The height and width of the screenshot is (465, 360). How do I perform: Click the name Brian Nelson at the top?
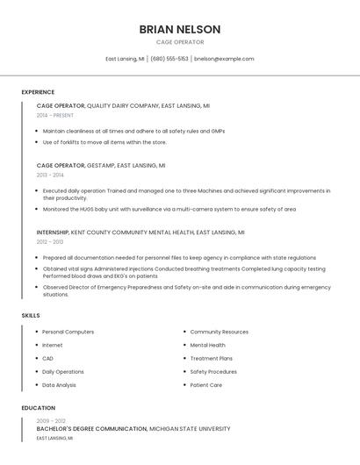point(180,29)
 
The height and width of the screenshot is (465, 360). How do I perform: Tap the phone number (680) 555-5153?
point(169,59)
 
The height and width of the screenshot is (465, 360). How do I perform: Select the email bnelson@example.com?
point(224,59)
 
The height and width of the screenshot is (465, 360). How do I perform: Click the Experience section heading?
point(38,92)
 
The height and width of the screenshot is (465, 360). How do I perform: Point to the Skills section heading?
point(31,315)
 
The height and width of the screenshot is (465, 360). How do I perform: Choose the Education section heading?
point(38,408)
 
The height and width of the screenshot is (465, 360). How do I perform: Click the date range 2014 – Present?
point(55,115)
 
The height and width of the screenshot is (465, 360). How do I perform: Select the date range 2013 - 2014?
point(50,175)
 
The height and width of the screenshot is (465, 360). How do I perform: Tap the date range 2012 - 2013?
point(50,241)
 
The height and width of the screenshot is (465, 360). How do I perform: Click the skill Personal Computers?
point(68,332)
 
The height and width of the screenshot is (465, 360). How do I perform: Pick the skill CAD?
point(47,358)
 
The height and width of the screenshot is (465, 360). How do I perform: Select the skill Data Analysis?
point(59,384)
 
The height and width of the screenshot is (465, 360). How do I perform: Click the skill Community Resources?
point(220,332)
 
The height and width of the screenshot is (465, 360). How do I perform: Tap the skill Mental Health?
point(207,345)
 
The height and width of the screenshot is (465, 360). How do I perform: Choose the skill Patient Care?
point(206,384)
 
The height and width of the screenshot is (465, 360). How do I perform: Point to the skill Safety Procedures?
point(213,371)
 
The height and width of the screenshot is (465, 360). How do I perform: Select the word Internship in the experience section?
point(52,232)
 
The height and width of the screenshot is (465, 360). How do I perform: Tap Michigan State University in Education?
point(190,429)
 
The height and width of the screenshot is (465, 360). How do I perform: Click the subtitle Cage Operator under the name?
point(180,42)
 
